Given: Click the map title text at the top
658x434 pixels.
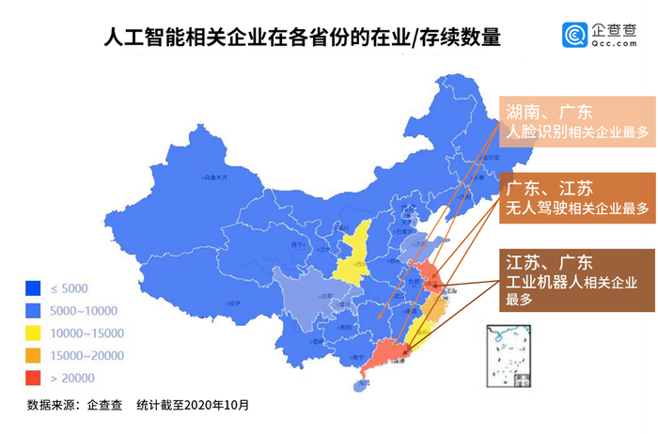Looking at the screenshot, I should pyautogui.click(x=301, y=39).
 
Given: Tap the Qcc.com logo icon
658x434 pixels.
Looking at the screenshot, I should pyautogui.click(x=575, y=36).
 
